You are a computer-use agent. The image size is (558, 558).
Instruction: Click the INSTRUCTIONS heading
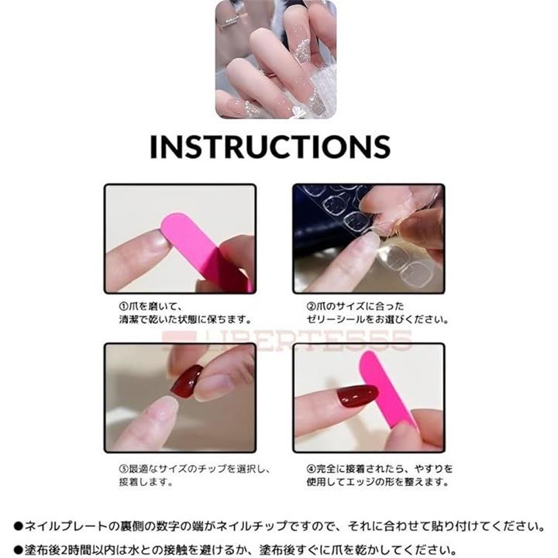coord(270,146)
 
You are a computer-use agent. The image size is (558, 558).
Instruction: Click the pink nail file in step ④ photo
coord(387,391)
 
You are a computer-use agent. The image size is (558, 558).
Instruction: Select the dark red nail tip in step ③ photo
coord(188,381)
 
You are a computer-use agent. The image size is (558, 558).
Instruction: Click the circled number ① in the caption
coord(123,306)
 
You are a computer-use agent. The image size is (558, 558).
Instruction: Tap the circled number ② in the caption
coord(311,306)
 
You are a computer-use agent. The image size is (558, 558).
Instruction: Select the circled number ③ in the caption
coord(123,469)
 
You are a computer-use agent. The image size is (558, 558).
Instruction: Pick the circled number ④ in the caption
coord(311,469)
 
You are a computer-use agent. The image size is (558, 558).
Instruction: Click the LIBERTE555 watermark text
coord(287,340)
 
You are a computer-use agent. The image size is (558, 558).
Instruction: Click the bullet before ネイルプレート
coord(19,526)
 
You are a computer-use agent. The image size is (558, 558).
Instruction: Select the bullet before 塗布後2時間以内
coord(19,550)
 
